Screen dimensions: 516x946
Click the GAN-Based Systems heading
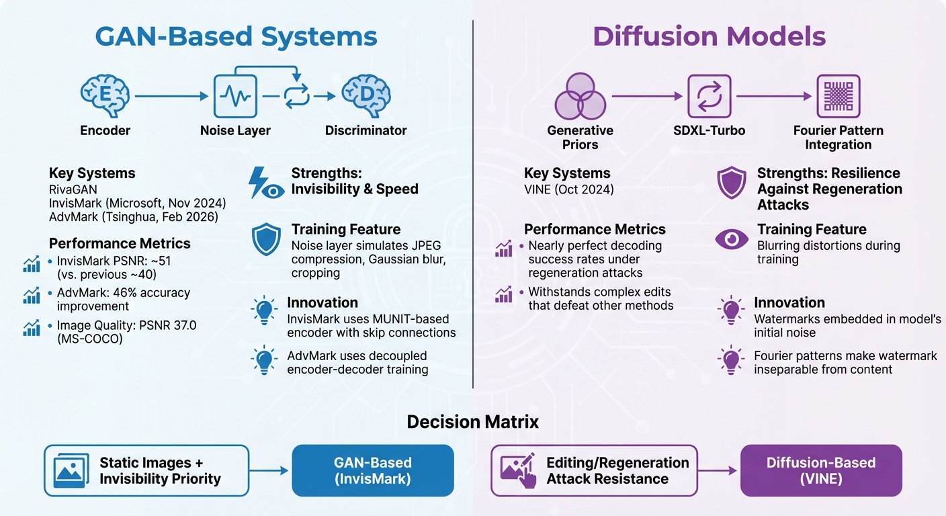click(x=236, y=36)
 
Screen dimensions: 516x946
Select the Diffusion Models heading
click(x=709, y=36)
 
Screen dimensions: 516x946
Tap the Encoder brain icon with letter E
click(x=105, y=97)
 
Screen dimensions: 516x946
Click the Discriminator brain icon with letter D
click(x=365, y=97)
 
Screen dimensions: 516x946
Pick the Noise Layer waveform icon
click(x=235, y=97)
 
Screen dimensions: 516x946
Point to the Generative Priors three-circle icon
click(x=580, y=98)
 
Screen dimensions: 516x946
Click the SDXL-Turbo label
click(x=709, y=130)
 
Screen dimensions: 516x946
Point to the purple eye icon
click(x=732, y=240)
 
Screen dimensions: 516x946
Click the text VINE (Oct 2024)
click(x=568, y=189)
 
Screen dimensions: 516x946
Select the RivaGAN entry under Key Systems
click(x=73, y=189)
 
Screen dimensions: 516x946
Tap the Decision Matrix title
click(x=472, y=422)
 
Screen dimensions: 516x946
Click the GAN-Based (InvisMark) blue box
click(x=373, y=470)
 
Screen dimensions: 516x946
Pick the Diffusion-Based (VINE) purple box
click(x=820, y=470)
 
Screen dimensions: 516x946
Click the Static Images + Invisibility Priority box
click(x=146, y=470)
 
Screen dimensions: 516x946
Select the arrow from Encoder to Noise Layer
click(x=172, y=97)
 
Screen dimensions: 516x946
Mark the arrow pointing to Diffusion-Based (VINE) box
click(x=718, y=470)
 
